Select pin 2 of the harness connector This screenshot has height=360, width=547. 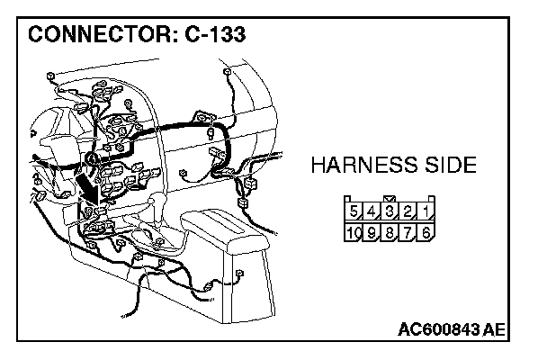pyautogui.click(x=408, y=213)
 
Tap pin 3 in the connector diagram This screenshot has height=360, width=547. pyautogui.click(x=390, y=213)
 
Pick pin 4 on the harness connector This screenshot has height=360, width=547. pyautogui.click(x=372, y=213)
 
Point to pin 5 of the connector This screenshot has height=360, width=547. pyautogui.click(x=354, y=213)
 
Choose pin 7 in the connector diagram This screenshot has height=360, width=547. pyautogui.click(x=408, y=233)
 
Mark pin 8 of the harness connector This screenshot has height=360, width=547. pyautogui.click(x=390, y=233)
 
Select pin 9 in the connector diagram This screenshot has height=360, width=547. pyautogui.click(x=372, y=233)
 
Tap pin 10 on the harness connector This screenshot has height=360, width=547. pyautogui.click(x=354, y=233)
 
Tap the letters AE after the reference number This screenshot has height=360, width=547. pyautogui.click(x=494, y=329)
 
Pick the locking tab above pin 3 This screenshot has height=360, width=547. pyautogui.click(x=390, y=199)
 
